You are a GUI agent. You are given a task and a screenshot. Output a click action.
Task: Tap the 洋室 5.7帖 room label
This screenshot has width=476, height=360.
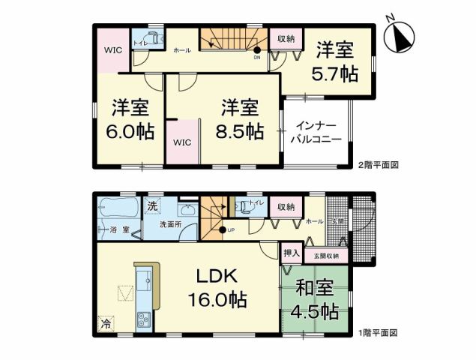[x=334, y=62]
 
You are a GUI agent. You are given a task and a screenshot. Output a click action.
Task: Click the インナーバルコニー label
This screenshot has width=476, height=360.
[x=318, y=133]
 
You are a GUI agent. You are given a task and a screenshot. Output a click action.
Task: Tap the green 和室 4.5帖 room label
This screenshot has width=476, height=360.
[x=315, y=299]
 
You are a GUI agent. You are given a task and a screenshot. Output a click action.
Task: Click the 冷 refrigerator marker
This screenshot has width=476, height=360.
[x=106, y=325]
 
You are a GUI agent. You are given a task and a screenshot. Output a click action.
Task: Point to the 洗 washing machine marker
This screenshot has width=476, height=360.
[x=152, y=205]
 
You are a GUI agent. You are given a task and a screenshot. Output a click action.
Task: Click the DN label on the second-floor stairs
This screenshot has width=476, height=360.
[x=257, y=57]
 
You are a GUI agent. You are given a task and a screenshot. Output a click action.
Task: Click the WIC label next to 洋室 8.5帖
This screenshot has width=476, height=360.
[x=184, y=141]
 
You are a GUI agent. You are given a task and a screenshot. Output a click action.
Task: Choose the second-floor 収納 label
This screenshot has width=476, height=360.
[x=285, y=39]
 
